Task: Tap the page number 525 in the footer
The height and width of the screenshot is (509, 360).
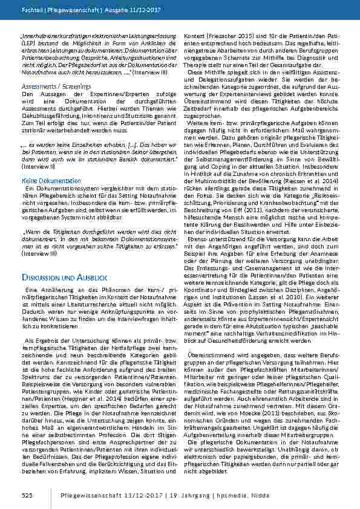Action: pyautogui.click(x=26, y=495)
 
